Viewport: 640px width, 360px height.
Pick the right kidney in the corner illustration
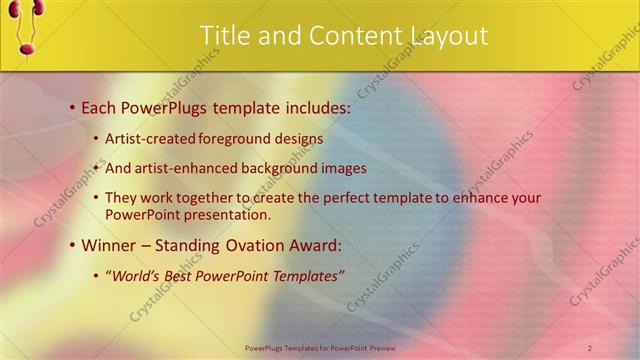coord(40,8)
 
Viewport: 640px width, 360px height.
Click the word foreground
coord(233,139)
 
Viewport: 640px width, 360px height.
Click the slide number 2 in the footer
coord(590,347)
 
